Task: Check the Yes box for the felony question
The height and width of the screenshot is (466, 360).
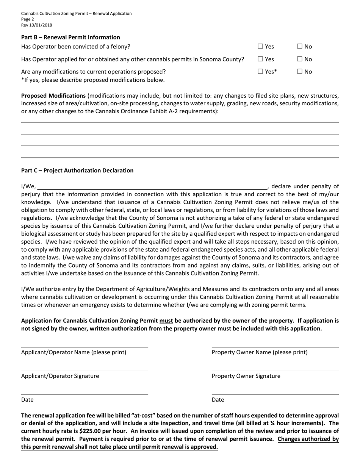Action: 260,47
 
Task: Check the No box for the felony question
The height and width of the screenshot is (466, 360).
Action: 300,47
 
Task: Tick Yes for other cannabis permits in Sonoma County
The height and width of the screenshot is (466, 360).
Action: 260,59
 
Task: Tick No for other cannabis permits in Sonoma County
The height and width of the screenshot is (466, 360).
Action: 300,59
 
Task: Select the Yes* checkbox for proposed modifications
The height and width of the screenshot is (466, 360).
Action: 260,72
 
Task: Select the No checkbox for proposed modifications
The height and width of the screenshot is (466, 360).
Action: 300,72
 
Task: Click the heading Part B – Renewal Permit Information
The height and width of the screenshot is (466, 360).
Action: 70,37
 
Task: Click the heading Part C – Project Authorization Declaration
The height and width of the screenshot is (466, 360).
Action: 77,170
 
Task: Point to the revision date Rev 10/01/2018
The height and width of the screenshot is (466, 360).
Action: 37,25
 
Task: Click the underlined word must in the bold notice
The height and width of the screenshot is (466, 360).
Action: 166,321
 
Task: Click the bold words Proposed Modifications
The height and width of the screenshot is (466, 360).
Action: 53,95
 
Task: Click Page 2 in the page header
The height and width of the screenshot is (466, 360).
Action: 28,19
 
